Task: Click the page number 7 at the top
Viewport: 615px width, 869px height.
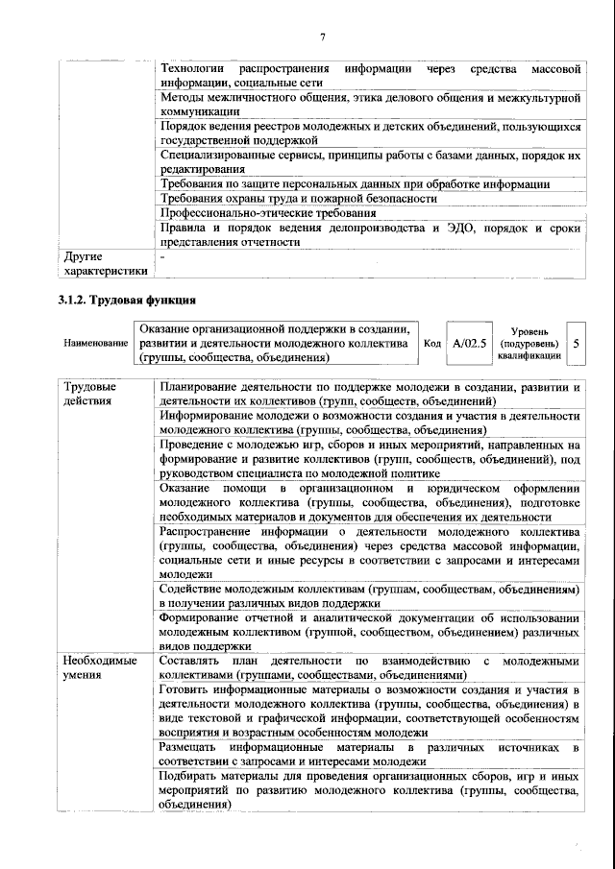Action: pos(323,36)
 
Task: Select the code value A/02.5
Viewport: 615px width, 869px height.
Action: pos(470,343)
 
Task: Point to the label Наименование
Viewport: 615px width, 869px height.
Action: pos(95,343)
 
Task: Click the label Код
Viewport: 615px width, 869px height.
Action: pos(432,343)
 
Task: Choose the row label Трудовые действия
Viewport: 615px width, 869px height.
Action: pos(89,394)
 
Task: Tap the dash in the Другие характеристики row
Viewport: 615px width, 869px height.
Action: pos(163,257)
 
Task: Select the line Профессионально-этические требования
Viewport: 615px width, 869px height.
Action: pos(268,212)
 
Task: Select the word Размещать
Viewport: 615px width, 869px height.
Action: pos(190,746)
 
